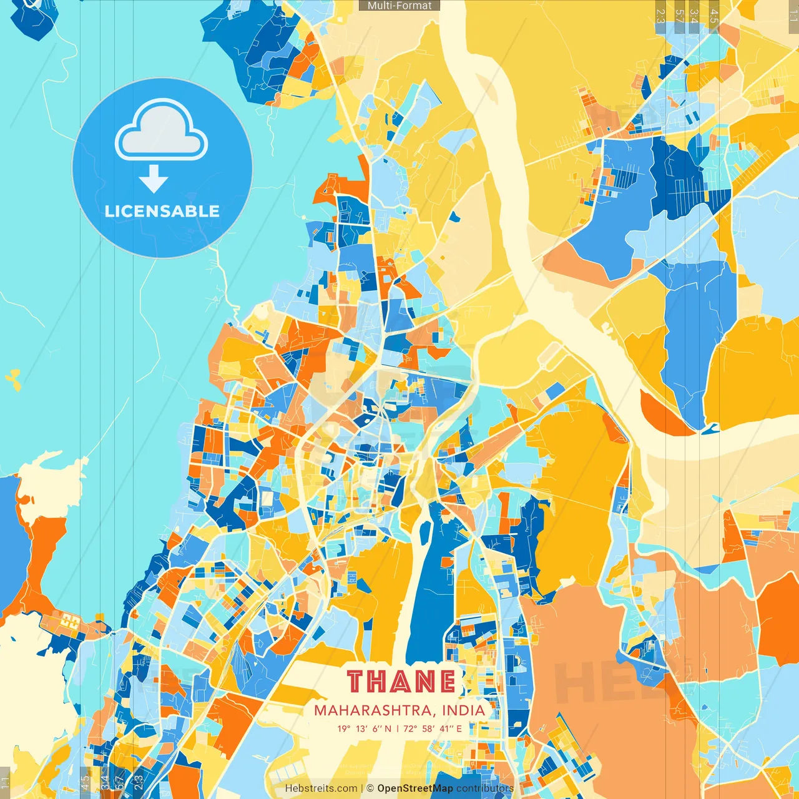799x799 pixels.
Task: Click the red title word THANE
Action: (x=401, y=681)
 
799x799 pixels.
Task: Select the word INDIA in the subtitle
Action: (x=463, y=710)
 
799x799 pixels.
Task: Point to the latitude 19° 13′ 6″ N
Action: (x=365, y=728)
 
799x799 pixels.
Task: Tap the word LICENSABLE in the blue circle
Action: (x=162, y=211)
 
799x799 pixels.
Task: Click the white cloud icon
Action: (x=161, y=130)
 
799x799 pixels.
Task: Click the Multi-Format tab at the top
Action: (x=399, y=6)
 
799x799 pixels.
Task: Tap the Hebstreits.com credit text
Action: (x=321, y=788)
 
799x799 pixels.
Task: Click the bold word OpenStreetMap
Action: (x=415, y=788)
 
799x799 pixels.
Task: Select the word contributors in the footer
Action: (x=485, y=788)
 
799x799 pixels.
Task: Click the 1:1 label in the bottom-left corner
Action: (x=5, y=782)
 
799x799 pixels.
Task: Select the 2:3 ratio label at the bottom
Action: (x=139, y=780)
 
